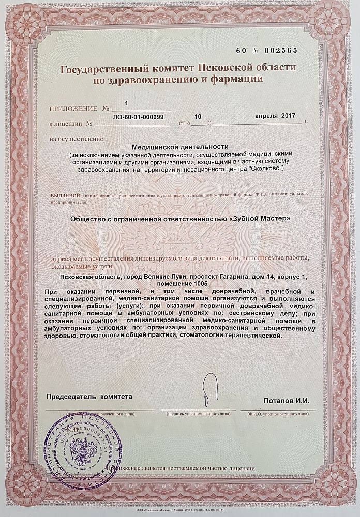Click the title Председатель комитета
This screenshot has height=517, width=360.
pyautogui.click(x=86, y=397)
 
